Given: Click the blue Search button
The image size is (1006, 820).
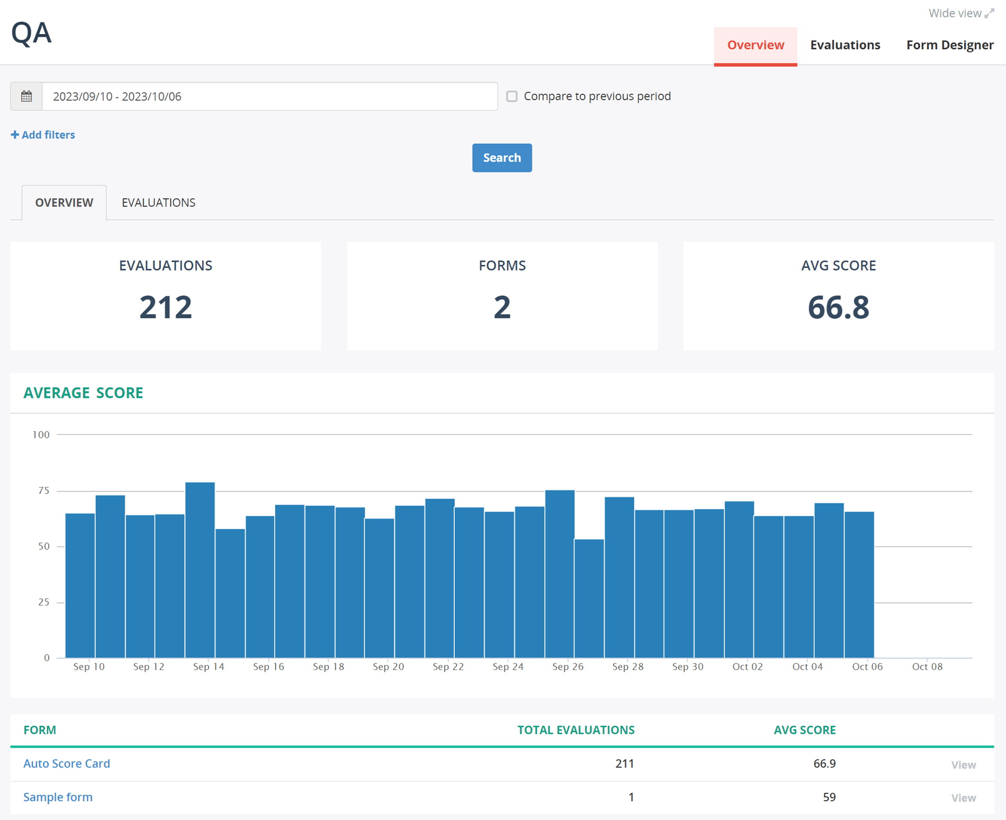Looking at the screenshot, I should pyautogui.click(x=501, y=158).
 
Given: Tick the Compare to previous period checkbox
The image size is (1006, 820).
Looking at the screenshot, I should pyautogui.click(x=511, y=96).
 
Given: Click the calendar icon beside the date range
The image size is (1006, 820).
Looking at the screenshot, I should pyautogui.click(x=26, y=96).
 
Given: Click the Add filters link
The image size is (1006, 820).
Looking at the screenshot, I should pyautogui.click(x=43, y=135).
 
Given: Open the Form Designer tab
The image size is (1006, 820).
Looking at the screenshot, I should pyautogui.click(x=949, y=45).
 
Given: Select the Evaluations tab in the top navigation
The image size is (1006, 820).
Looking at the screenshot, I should pyautogui.click(x=845, y=45).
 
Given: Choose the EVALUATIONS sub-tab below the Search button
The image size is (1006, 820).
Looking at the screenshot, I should pyautogui.click(x=158, y=202).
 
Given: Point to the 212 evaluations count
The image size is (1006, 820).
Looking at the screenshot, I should pyautogui.click(x=166, y=307).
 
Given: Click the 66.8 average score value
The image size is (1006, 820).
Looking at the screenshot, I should pyautogui.click(x=838, y=307).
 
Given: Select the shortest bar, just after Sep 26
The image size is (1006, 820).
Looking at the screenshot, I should pyautogui.click(x=589, y=598).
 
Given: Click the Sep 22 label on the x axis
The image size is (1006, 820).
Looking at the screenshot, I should pyautogui.click(x=448, y=666).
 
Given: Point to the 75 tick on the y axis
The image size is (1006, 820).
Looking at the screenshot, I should pyautogui.click(x=43, y=491).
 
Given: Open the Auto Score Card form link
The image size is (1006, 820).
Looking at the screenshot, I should pyautogui.click(x=67, y=763).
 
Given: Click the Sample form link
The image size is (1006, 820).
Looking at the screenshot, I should pyautogui.click(x=58, y=797).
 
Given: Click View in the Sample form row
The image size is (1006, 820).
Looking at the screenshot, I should pyautogui.click(x=963, y=797).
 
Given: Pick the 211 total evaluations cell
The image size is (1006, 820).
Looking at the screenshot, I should pyautogui.click(x=624, y=763).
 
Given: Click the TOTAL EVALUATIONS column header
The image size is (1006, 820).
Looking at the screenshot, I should pyautogui.click(x=575, y=730).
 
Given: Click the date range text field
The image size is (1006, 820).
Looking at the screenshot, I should pyautogui.click(x=269, y=96).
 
